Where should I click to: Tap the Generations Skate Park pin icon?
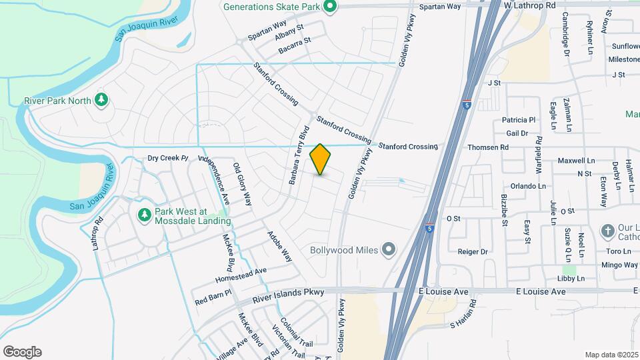click(329, 7)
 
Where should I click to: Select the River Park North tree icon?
click(101, 100)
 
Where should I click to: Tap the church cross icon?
click(607, 231)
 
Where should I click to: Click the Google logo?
click(22, 352)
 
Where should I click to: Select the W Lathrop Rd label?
click(529, 5)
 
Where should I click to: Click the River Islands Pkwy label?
click(288, 292)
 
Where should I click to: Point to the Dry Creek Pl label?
click(169, 159)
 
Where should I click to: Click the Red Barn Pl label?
click(213, 297)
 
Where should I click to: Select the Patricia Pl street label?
click(519, 121)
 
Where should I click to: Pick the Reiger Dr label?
click(473, 251)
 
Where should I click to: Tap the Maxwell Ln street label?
click(576, 161)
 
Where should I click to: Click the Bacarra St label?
click(294, 42)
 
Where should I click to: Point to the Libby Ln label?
click(571, 278)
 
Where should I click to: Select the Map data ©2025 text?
click(611, 355)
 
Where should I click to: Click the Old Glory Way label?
click(242, 183)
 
